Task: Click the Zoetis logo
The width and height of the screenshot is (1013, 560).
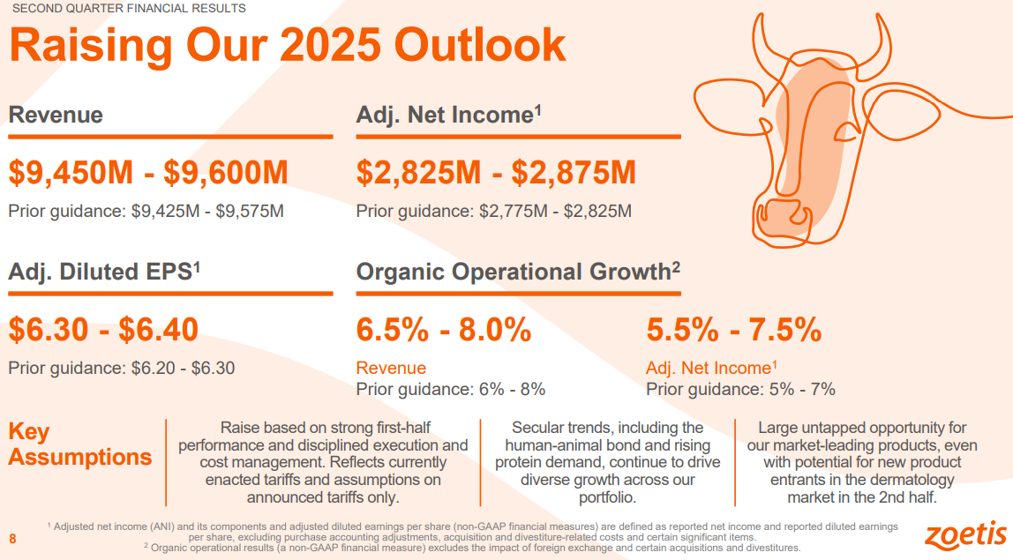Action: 965,534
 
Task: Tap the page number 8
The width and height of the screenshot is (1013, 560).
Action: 12,539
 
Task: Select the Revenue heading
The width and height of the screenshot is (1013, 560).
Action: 56,116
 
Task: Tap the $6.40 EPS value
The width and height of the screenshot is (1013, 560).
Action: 159,330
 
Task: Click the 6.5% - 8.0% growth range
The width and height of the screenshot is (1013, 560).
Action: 444,330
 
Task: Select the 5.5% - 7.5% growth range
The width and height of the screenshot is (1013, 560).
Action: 734,330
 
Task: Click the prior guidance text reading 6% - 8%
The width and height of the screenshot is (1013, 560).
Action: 511,389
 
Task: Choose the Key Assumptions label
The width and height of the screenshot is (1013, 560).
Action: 79,444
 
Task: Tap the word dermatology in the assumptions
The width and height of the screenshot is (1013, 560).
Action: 910,481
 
